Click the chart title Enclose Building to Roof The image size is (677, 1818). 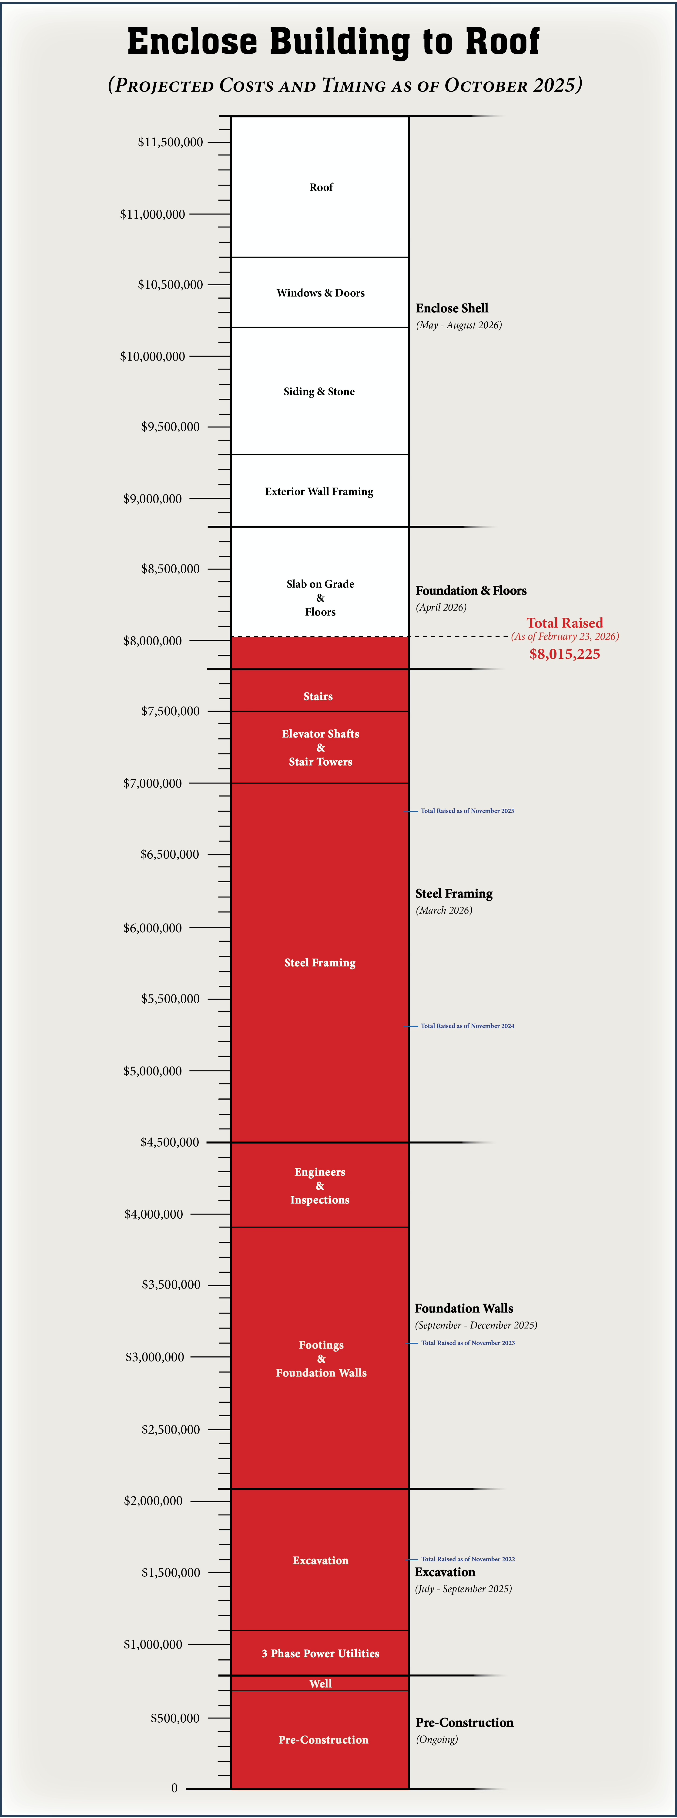pyautogui.click(x=333, y=42)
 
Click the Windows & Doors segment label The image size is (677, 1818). pyautogui.click(x=321, y=293)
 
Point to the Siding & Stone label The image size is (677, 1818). pyautogui.click(x=319, y=392)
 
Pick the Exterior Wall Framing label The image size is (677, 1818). pyautogui.click(x=319, y=492)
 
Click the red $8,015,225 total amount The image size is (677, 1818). pyautogui.click(x=565, y=654)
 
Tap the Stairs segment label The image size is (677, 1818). pyautogui.click(x=318, y=697)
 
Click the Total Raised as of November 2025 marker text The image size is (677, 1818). pyautogui.click(x=467, y=811)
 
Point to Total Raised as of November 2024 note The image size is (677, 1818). pyautogui.click(x=467, y=1026)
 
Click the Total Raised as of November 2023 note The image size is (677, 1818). pyautogui.click(x=468, y=1343)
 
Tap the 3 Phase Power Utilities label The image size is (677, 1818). pyautogui.click(x=321, y=1654)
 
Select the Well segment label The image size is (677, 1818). pyautogui.click(x=321, y=1684)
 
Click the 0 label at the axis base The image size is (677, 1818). pyautogui.click(x=174, y=1788)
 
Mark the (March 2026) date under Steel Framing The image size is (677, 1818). pyautogui.click(x=444, y=911)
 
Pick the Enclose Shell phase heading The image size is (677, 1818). pyautogui.click(x=452, y=308)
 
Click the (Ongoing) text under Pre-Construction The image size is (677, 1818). pyautogui.click(x=437, y=1740)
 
